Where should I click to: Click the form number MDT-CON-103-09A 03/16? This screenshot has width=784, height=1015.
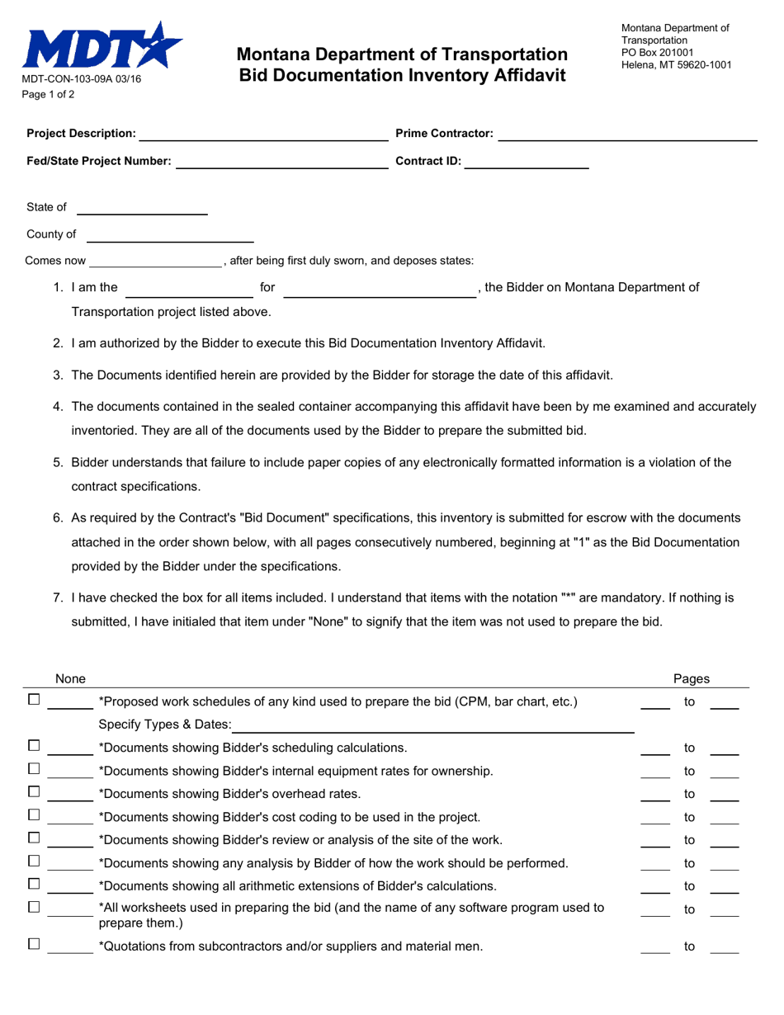click(81, 79)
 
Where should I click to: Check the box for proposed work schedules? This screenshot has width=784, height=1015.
click(34, 701)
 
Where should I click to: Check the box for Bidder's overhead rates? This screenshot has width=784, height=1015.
click(34, 793)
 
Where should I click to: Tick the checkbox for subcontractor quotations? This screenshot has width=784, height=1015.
click(34, 946)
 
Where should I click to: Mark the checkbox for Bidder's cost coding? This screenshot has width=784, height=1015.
click(34, 816)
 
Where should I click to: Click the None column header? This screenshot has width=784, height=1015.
click(70, 679)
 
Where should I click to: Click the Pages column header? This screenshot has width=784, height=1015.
click(691, 679)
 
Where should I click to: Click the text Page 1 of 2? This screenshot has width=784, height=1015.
click(48, 94)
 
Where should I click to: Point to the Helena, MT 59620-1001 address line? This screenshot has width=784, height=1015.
click(676, 64)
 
